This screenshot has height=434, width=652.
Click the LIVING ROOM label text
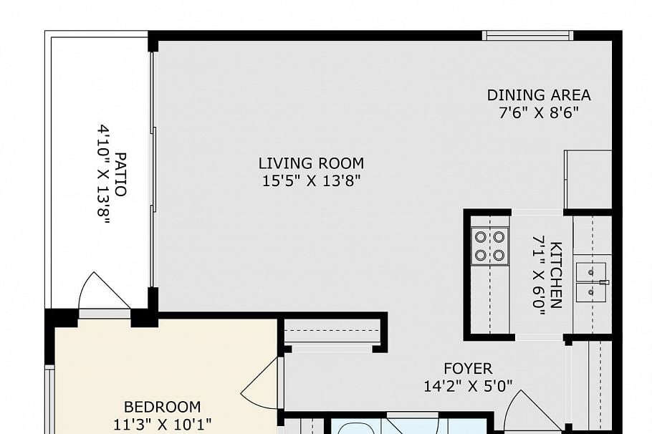[x=311, y=163]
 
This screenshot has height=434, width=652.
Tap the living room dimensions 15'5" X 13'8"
[x=311, y=181]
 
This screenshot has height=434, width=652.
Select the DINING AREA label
[x=539, y=95]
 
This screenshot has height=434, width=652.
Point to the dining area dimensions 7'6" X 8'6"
[x=539, y=113]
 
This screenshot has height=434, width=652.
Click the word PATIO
[x=120, y=173]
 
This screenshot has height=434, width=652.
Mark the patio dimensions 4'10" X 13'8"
[x=104, y=174]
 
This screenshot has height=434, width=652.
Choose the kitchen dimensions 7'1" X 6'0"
[x=539, y=272]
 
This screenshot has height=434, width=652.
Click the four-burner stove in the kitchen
[x=490, y=246]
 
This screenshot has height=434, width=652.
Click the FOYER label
[x=468, y=369]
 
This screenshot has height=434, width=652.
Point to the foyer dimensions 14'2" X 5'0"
[x=468, y=387]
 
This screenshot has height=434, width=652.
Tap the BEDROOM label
[x=162, y=407]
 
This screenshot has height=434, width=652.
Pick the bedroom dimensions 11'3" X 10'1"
[x=162, y=424]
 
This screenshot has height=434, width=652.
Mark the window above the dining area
[x=527, y=36]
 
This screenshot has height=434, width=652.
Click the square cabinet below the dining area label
[x=588, y=179]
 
